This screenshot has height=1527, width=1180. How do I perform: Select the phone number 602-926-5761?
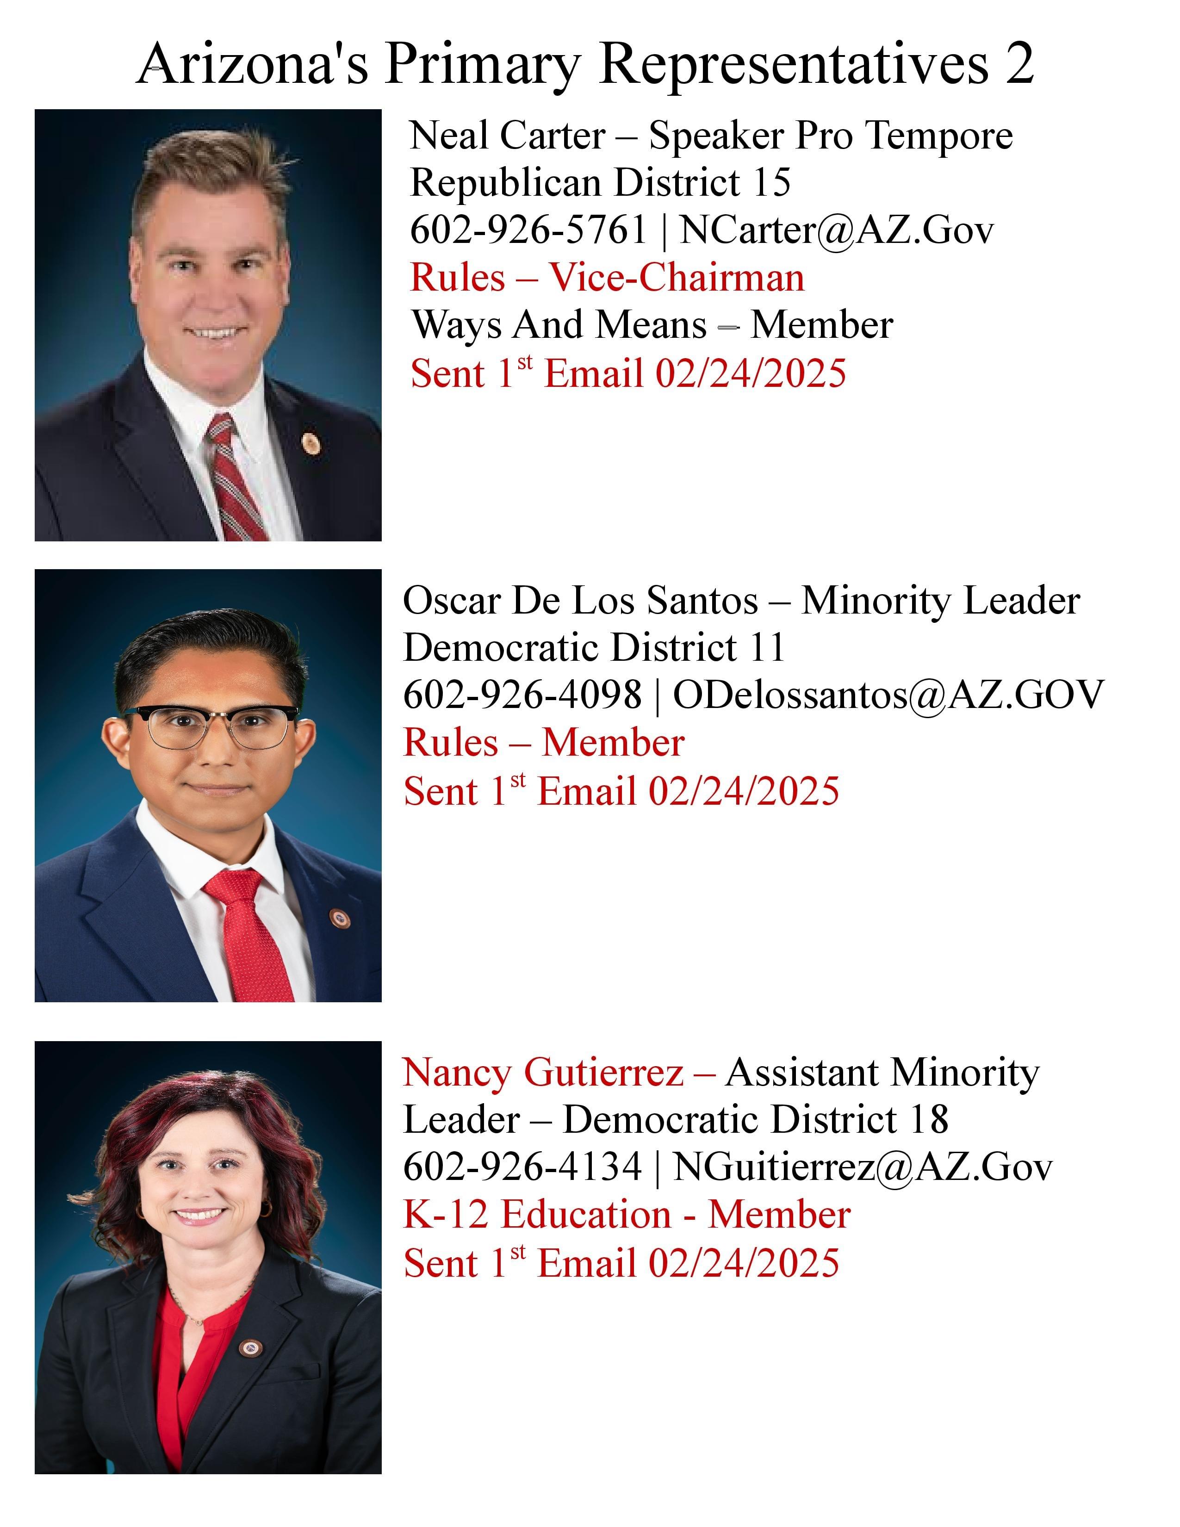click(x=528, y=230)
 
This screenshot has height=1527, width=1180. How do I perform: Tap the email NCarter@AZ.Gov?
click(x=836, y=230)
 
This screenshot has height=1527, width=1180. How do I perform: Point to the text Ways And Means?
click(x=559, y=325)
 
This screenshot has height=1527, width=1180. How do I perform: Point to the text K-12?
click(x=445, y=1215)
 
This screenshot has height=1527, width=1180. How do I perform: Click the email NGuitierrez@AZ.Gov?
click(x=862, y=1167)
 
